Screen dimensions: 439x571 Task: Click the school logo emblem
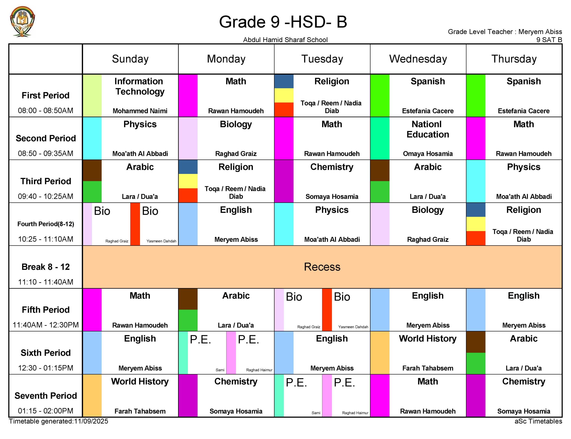pos(22,21)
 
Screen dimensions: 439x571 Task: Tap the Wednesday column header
pos(418,59)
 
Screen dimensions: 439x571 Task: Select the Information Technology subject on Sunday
pos(140,86)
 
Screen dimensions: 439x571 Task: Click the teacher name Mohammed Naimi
pos(140,111)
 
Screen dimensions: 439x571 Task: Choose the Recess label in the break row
pos(322,267)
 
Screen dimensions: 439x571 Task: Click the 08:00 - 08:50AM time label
pos(46,110)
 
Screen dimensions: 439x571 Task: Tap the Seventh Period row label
pos(46,395)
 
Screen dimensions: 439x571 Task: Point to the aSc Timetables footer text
pos(538,421)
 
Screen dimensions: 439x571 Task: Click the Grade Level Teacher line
pos(505,32)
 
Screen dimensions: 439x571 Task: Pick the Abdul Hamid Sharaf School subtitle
pos(285,40)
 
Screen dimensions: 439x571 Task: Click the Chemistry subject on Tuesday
pos(331,167)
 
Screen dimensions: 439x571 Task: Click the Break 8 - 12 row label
pos(46,267)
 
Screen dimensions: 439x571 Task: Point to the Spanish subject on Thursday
pos(523,81)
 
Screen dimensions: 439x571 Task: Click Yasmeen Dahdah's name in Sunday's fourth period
pos(161,241)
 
